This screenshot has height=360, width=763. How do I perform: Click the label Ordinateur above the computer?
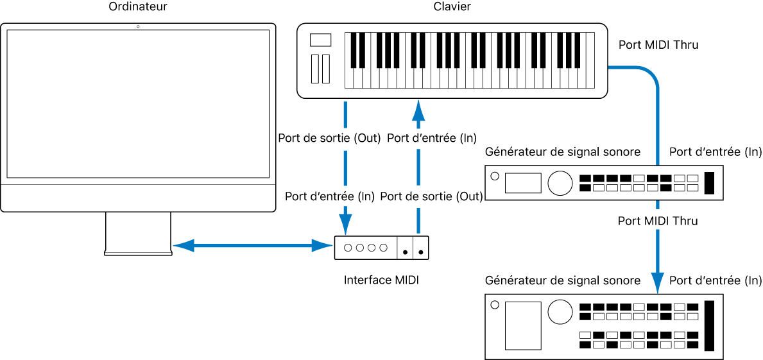click(x=138, y=7)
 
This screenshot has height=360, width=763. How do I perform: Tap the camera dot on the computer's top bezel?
click(x=138, y=26)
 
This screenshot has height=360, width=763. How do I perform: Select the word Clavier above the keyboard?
click(x=452, y=7)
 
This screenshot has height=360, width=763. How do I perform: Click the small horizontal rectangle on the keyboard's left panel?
click(x=320, y=40)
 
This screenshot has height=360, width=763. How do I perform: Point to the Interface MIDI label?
click(x=381, y=280)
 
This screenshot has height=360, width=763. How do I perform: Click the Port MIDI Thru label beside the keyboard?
click(x=658, y=46)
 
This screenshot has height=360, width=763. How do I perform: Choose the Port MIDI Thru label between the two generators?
click(x=657, y=221)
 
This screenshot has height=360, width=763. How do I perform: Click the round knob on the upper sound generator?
click(x=560, y=182)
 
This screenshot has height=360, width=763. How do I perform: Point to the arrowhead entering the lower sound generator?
click(x=658, y=282)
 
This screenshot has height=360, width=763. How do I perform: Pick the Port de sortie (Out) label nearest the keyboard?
click(x=329, y=138)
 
